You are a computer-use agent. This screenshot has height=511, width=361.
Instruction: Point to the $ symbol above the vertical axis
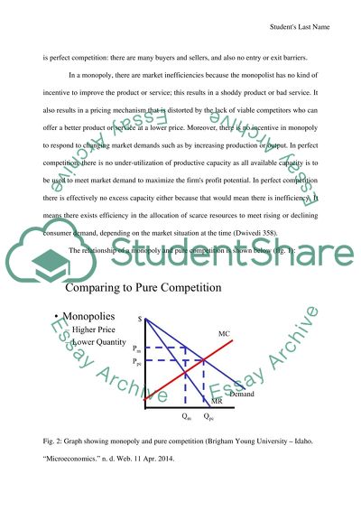[140, 318]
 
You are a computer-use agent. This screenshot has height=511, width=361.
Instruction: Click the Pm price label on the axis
[136, 348]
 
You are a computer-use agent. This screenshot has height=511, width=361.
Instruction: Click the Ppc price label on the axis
[136, 361]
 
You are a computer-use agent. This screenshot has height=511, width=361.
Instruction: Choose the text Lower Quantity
[97, 343]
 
